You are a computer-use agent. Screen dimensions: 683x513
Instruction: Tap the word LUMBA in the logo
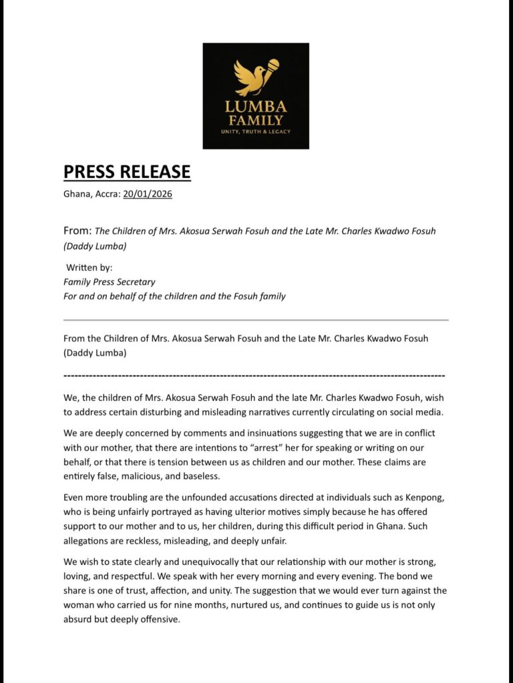(x=256, y=107)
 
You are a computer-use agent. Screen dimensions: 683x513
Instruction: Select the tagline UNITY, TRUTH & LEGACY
(x=256, y=131)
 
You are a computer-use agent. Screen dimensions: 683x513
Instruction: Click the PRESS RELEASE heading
(x=127, y=171)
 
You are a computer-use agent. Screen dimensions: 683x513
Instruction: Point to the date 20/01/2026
(x=148, y=194)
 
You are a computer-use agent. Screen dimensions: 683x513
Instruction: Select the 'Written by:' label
(x=89, y=267)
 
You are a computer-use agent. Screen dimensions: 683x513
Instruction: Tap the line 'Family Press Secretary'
(x=109, y=281)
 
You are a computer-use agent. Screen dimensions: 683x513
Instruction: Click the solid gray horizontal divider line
(x=256, y=320)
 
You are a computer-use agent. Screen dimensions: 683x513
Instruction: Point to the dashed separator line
(x=254, y=376)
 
